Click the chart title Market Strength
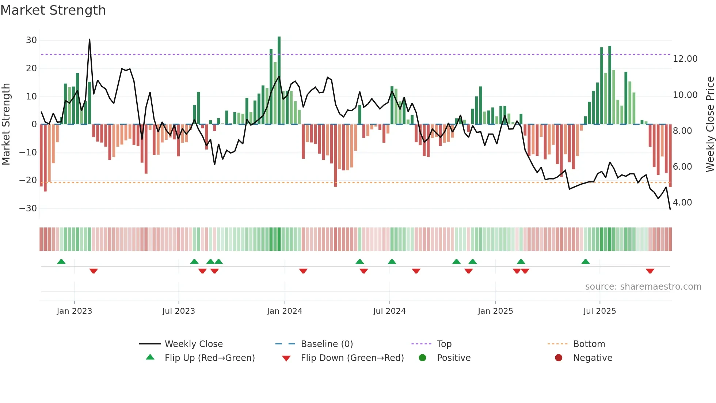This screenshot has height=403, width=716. tap(53, 10)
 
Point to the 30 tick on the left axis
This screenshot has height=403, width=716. tap(31, 40)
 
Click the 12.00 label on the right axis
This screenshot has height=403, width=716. tap(685, 59)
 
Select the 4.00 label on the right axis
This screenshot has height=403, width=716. tap(682, 203)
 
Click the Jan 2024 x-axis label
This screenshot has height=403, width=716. tap(284, 311)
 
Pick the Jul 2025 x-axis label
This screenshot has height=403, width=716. tap(599, 311)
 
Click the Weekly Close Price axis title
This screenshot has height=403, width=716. tap(710, 124)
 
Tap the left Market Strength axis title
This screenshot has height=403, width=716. tap(6, 124)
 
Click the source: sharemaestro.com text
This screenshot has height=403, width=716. tap(643, 287)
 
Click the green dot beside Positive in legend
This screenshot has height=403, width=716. tap(422, 358)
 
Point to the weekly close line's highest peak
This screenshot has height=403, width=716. tap(89, 39)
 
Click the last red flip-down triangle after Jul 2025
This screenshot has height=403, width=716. tap(650, 271)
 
